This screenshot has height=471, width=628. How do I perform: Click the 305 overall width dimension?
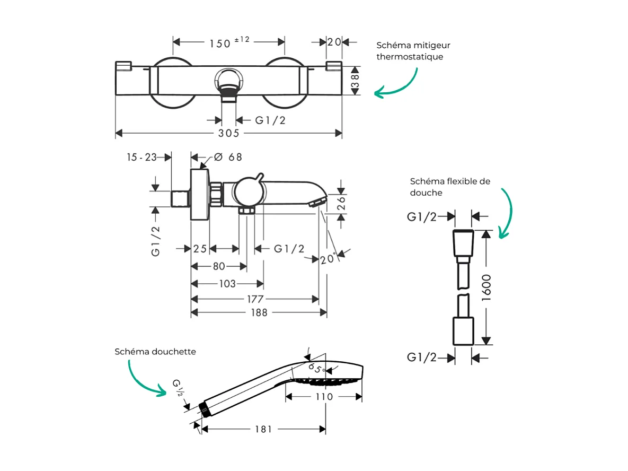pos(228,133)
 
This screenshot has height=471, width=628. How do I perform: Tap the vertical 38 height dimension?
pos(355,81)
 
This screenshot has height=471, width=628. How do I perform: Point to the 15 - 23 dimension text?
pos(141,157)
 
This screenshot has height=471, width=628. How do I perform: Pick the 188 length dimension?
pos(258,313)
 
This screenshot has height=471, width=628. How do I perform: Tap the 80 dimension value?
pos(218,266)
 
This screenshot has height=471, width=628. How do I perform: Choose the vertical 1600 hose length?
pos(487,287)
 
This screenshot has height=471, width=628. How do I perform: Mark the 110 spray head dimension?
pos(324,396)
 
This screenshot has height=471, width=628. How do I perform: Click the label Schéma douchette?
pos(155,352)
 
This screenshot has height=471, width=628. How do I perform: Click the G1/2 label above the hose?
pos(422,216)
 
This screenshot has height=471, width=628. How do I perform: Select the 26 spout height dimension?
pos(342,202)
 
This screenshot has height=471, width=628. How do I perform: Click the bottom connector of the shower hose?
pos(463,331)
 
